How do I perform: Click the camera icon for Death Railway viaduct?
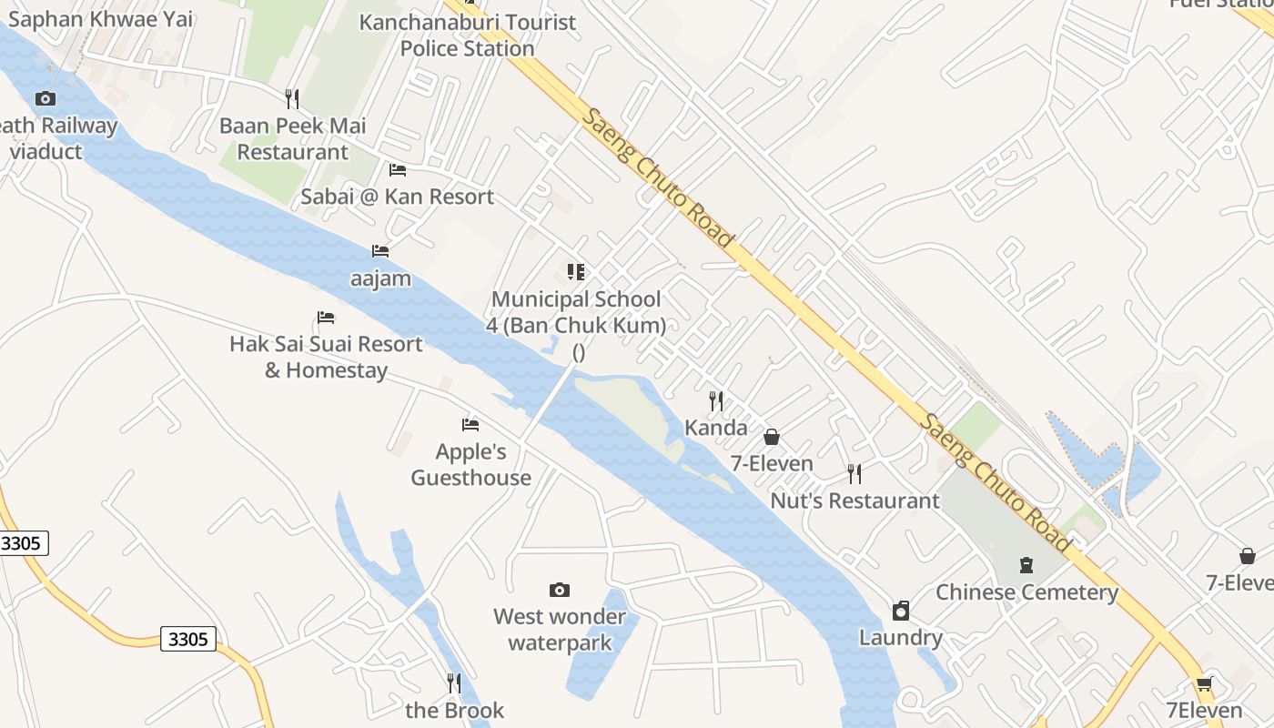[x=45, y=98]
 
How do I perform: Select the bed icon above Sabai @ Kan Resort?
[x=398, y=170]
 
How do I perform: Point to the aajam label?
[x=380, y=278]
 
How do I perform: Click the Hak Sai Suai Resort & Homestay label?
[x=326, y=357]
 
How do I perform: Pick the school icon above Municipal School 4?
[x=575, y=272]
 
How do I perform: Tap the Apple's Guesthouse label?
[x=470, y=464]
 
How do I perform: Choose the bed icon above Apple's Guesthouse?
[x=470, y=425]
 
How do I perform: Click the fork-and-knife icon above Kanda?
[x=716, y=400]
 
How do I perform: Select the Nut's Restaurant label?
[x=854, y=500]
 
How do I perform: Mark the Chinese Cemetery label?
[x=1026, y=592]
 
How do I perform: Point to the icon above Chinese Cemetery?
[x=1026, y=565]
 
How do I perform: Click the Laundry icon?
[x=901, y=611]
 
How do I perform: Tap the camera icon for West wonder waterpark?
[x=560, y=591]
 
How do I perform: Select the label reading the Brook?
[x=454, y=710]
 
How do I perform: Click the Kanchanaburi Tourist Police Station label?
[x=468, y=35]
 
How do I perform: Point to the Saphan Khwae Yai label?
[x=100, y=19]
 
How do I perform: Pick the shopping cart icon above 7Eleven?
[x=1205, y=683]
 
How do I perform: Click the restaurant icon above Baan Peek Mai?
[x=292, y=98]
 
